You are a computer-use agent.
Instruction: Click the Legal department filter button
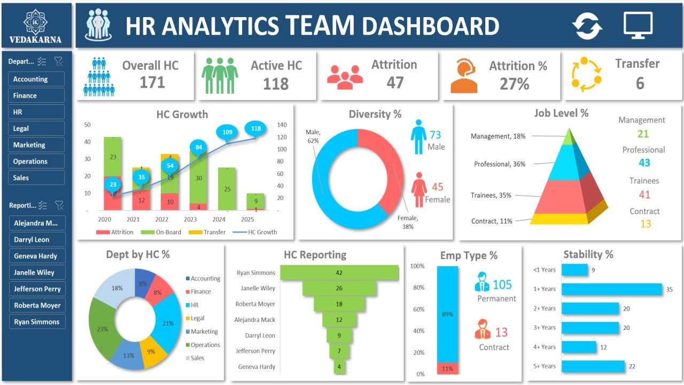tap(36, 128)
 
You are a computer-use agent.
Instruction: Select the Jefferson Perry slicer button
tap(37, 289)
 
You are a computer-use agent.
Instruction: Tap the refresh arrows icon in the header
tap(587, 26)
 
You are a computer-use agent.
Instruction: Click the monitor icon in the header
tap(638, 25)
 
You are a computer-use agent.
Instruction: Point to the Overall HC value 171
tap(152, 83)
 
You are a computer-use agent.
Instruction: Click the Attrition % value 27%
tap(514, 83)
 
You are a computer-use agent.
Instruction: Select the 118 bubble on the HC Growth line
tap(256, 128)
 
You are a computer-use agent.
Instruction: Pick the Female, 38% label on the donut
tap(408, 222)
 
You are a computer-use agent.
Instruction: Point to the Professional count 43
tap(644, 163)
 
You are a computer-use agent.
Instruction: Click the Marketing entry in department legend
tap(204, 332)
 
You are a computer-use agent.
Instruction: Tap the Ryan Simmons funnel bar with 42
tap(339, 273)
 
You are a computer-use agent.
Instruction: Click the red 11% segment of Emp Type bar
tap(447, 368)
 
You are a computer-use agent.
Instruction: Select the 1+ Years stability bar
tap(611, 289)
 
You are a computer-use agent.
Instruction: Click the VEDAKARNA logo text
tap(35, 39)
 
